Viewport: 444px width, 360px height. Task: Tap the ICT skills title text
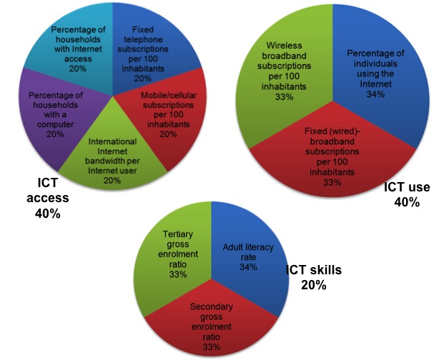(x=314, y=271)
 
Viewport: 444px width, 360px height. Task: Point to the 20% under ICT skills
(x=313, y=286)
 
